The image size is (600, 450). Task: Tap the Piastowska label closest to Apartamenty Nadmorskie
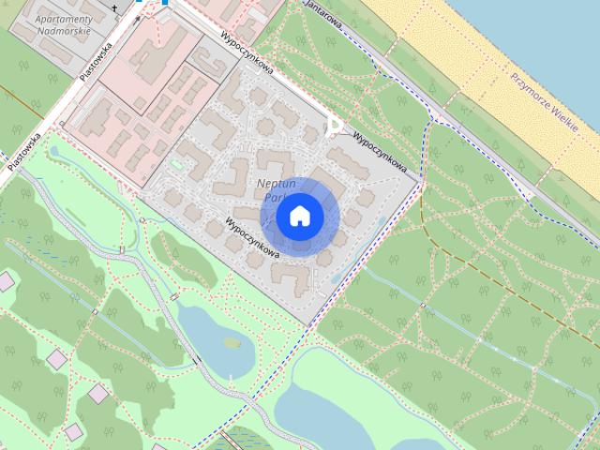pos(97,62)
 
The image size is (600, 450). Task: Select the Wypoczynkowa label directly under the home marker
pos(253,239)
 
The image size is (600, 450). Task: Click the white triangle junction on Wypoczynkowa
pos(334,127)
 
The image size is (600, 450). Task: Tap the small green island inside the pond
pos(232,342)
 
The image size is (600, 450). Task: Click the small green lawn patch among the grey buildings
pos(176,165)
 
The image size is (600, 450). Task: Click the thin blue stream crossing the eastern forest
pos(469,323)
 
